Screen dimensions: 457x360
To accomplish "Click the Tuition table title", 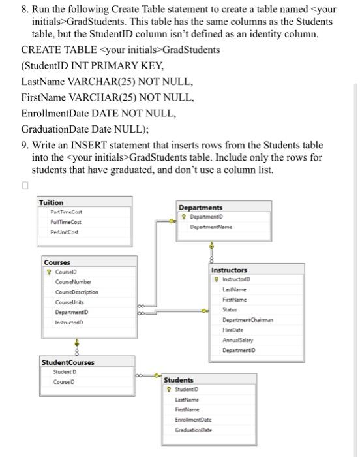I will click(52, 203).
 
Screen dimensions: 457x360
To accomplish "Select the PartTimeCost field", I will click(66, 213).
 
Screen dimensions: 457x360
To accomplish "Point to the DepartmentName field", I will click(211, 227).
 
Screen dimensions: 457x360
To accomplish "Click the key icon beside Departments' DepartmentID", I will click(186, 217).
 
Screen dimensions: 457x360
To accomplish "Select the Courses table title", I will click(57, 262).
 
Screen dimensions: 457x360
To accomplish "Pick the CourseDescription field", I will click(77, 292).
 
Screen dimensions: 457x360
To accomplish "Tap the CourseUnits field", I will click(68, 302).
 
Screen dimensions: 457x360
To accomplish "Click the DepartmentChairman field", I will click(248, 320).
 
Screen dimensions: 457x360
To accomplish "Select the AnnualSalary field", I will click(238, 339).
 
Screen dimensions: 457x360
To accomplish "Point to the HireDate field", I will click(233, 330).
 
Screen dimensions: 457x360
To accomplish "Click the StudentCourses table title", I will click(68, 362).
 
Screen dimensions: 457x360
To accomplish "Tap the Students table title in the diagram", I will click(179, 380).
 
